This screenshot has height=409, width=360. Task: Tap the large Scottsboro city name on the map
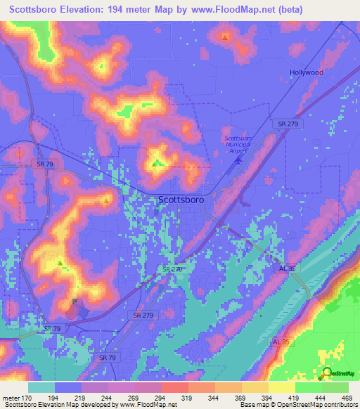click(x=181, y=200)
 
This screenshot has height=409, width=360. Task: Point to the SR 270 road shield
click(x=172, y=269)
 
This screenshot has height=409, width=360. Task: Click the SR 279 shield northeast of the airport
click(x=288, y=124)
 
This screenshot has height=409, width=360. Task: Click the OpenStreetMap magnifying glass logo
click(x=327, y=372)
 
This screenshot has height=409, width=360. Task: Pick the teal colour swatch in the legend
click(x=40, y=387)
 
